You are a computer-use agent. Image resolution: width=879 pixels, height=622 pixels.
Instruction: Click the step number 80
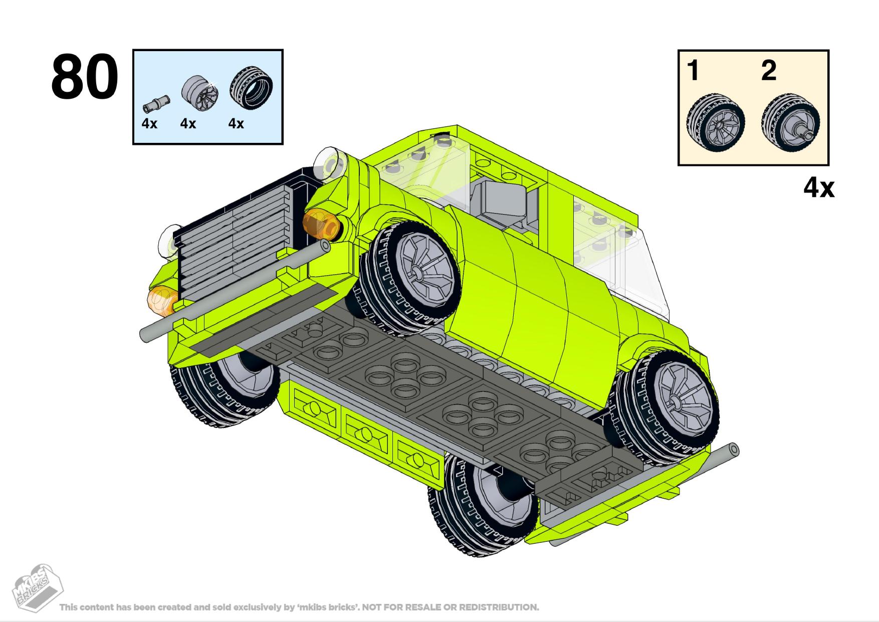[84, 77]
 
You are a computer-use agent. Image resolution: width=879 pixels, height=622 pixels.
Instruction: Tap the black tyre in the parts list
[252, 92]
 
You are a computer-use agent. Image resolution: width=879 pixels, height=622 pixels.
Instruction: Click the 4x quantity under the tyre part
[236, 124]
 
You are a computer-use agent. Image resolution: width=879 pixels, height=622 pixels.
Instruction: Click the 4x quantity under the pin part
[149, 124]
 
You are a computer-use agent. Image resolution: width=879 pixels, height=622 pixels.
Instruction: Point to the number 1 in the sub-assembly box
[693, 70]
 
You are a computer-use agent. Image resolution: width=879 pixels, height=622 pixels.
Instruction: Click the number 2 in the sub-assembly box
[769, 70]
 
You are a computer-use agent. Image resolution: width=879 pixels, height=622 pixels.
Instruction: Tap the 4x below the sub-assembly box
[819, 188]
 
